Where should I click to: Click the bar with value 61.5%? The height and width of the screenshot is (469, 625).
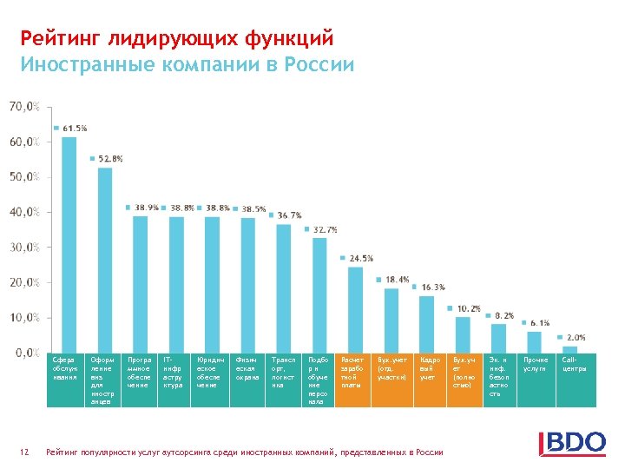click(69, 244)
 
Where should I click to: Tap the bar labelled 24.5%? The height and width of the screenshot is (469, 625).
click(355, 308)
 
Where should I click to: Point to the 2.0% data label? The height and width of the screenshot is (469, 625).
click(576, 337)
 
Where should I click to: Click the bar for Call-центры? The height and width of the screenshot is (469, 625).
click(569, 349)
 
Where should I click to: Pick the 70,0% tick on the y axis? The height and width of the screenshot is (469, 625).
click(24, 106)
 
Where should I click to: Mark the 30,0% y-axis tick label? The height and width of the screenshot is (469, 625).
click(24, 247)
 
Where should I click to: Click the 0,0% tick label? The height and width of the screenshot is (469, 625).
click(24, 353)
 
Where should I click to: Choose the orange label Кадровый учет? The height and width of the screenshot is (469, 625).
click(430, 368)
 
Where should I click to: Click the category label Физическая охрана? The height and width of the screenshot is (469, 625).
click(247, 368)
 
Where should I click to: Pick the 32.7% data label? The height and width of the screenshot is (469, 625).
click(325, 229)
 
